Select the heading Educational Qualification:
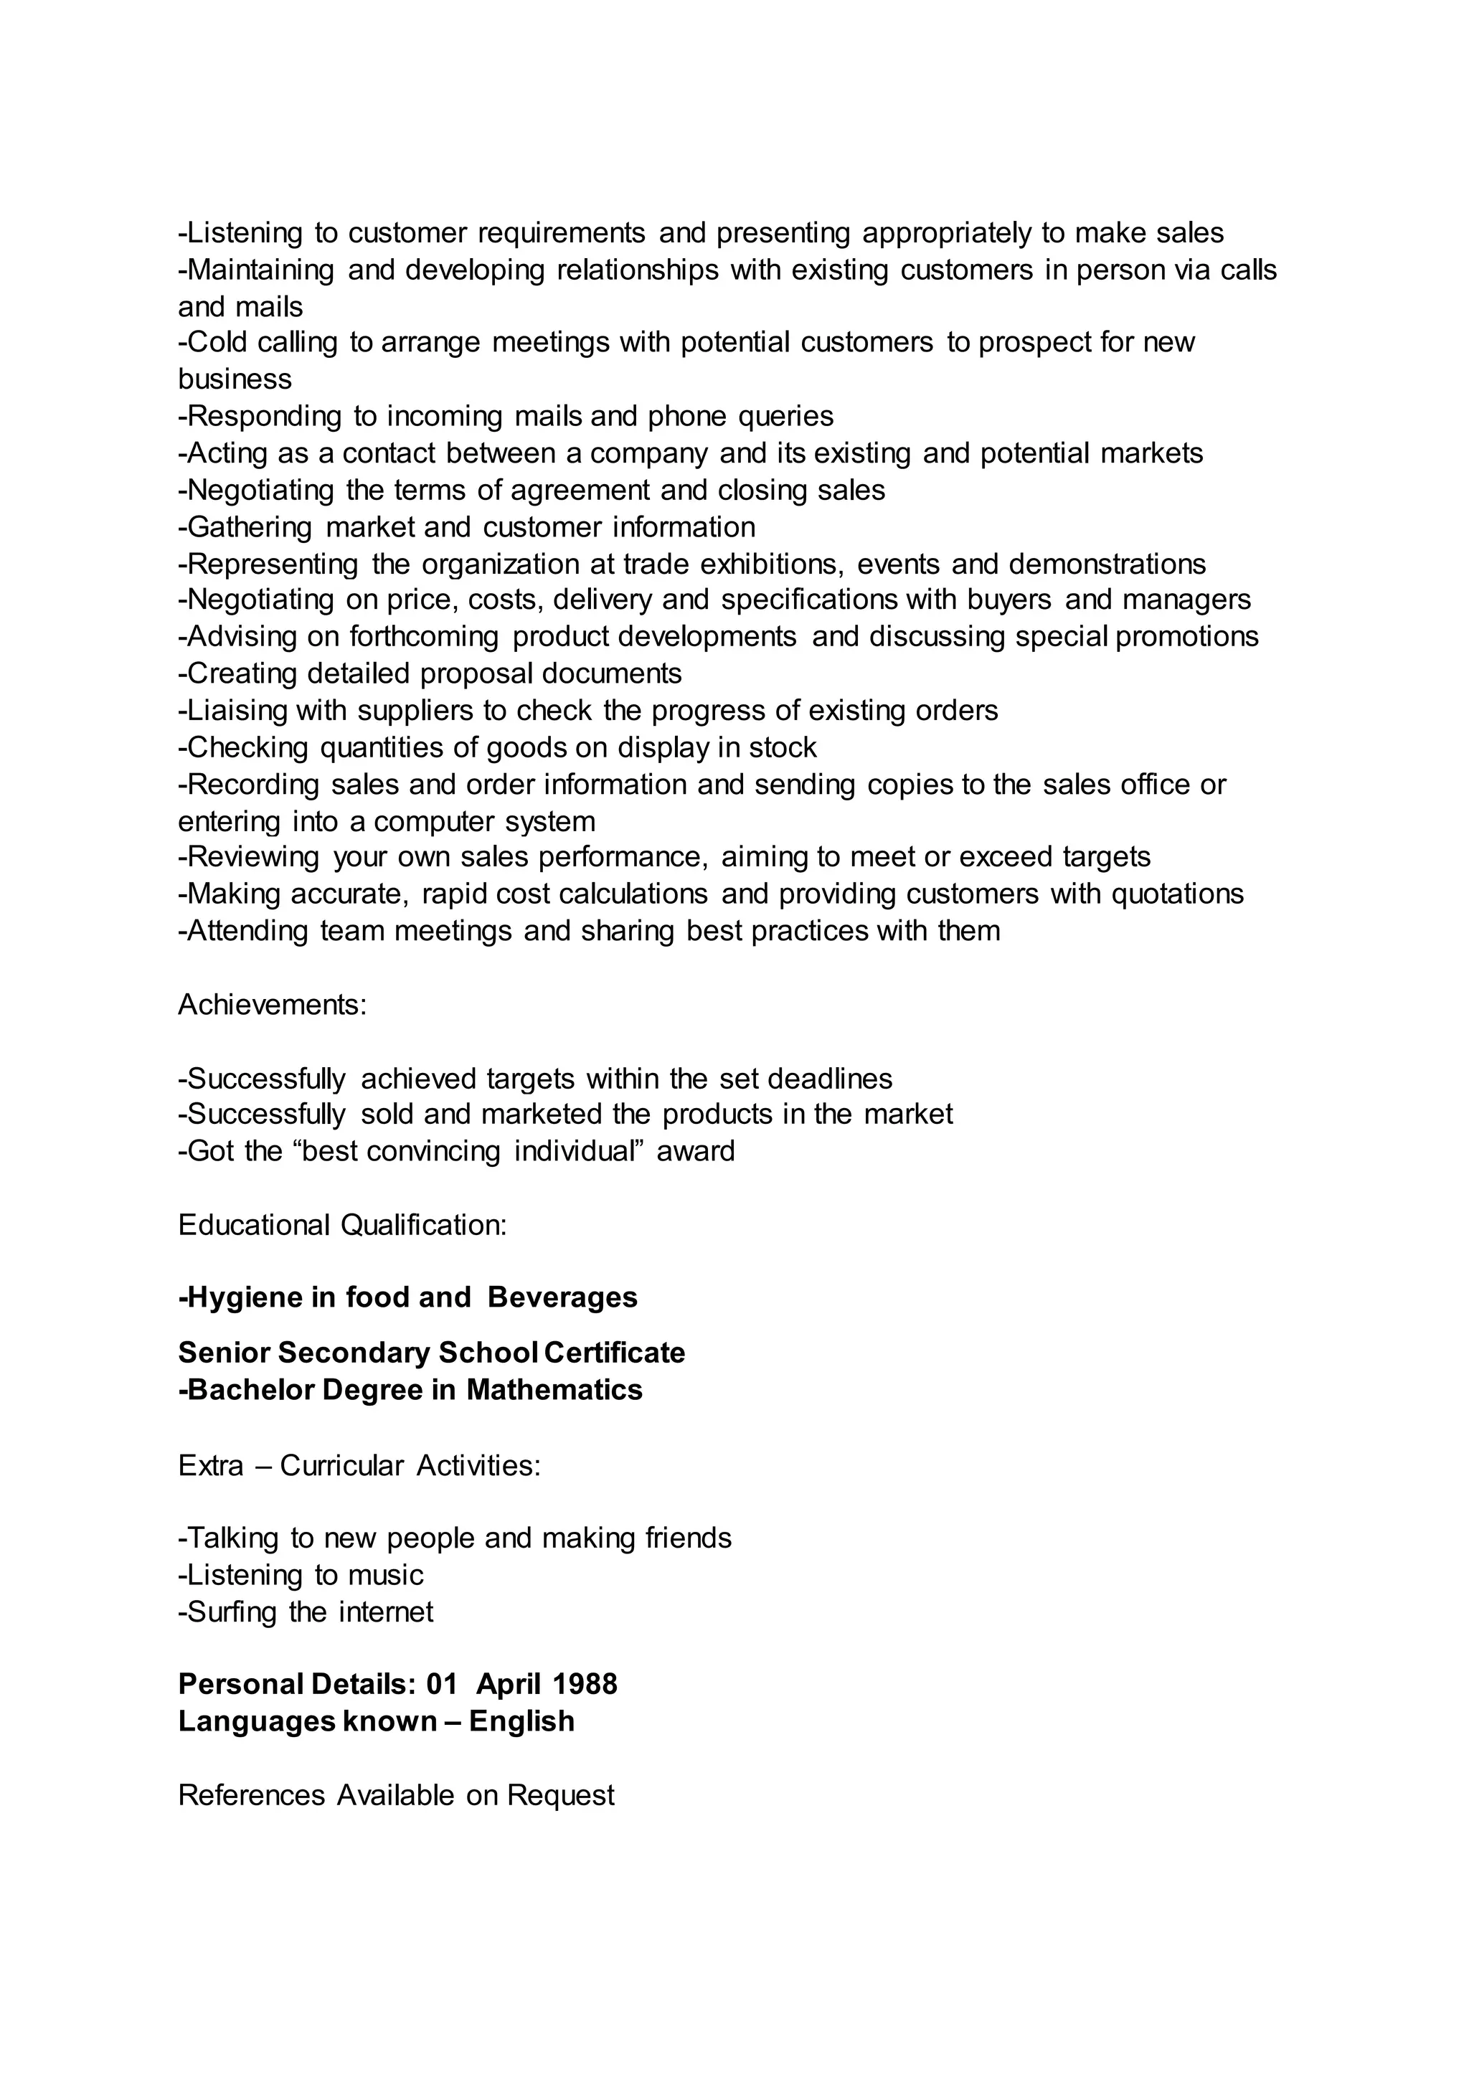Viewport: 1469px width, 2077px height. click(342, 1225)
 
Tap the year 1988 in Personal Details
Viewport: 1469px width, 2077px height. click(585, 1683)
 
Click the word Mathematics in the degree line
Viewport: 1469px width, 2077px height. click(554, 1389)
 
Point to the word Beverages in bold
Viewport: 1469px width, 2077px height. click(562, 1297)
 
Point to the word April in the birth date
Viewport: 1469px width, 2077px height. click(509, 1683)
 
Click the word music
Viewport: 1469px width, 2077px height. click(385, 1575)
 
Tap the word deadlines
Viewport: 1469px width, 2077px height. click(829, 1078)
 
